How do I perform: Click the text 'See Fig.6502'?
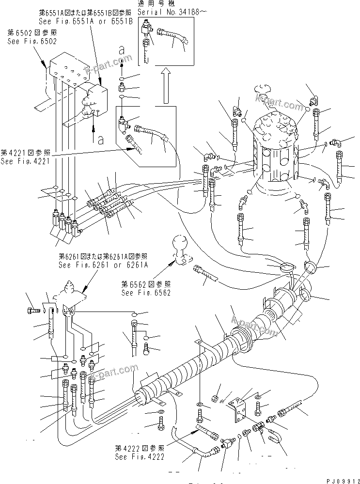click(31, 42)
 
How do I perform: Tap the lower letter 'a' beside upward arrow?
click(100, 141)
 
